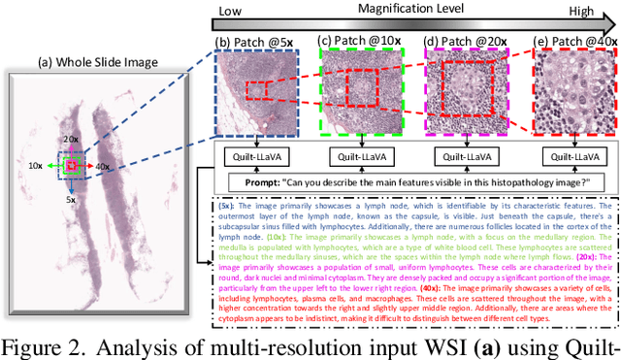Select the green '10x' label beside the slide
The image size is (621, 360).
pyautogui.click(x=36, y=140)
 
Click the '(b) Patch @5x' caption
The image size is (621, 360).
pyautogui.click(x=254, y=42)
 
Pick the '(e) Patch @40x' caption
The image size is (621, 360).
pyautogui.click(x=573, y=42)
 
